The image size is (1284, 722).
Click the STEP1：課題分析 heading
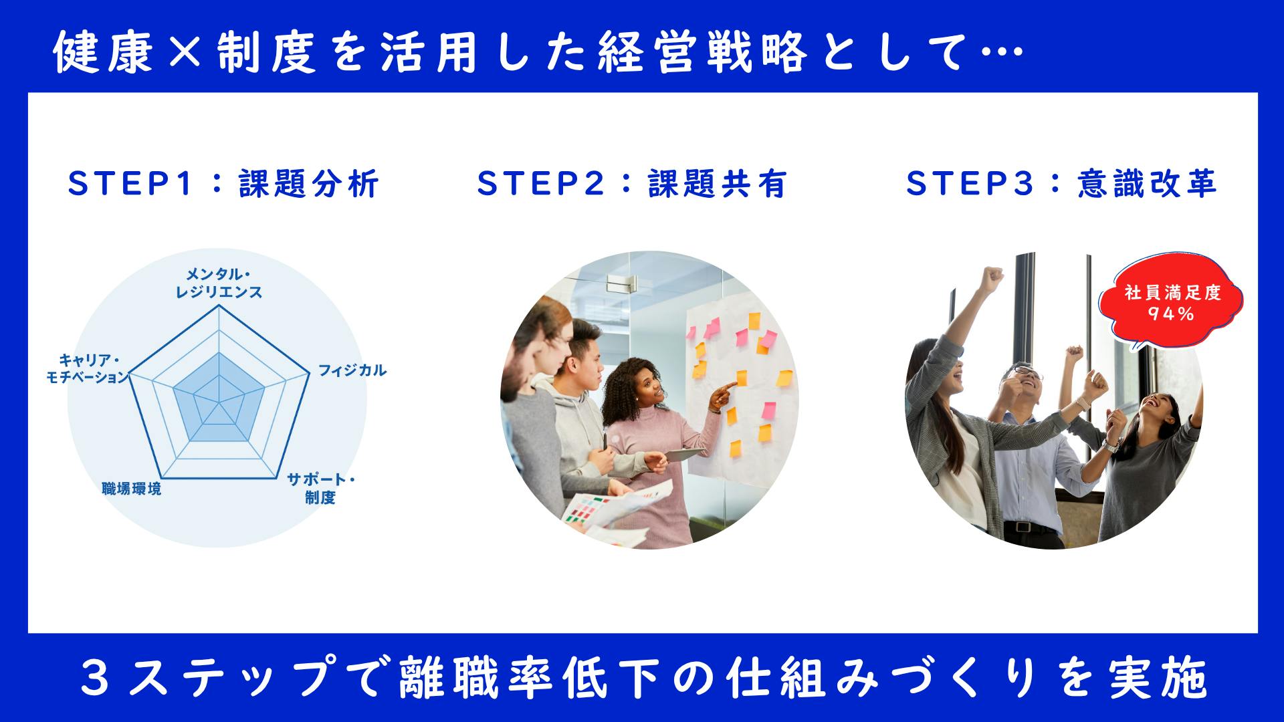click(223, 183)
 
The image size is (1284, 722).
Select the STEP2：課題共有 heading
click(632, 183)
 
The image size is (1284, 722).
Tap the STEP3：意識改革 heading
click(1061, 183)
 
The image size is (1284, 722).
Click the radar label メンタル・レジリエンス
click(219, 283)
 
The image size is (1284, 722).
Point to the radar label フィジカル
click(352, 370)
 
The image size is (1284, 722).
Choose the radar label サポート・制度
click(321, 489)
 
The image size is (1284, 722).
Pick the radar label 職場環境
click(132, 489)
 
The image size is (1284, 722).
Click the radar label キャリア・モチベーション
click(87, 368)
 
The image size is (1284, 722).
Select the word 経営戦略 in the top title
click(697, 53)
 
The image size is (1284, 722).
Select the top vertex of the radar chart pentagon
click(219, 306)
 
